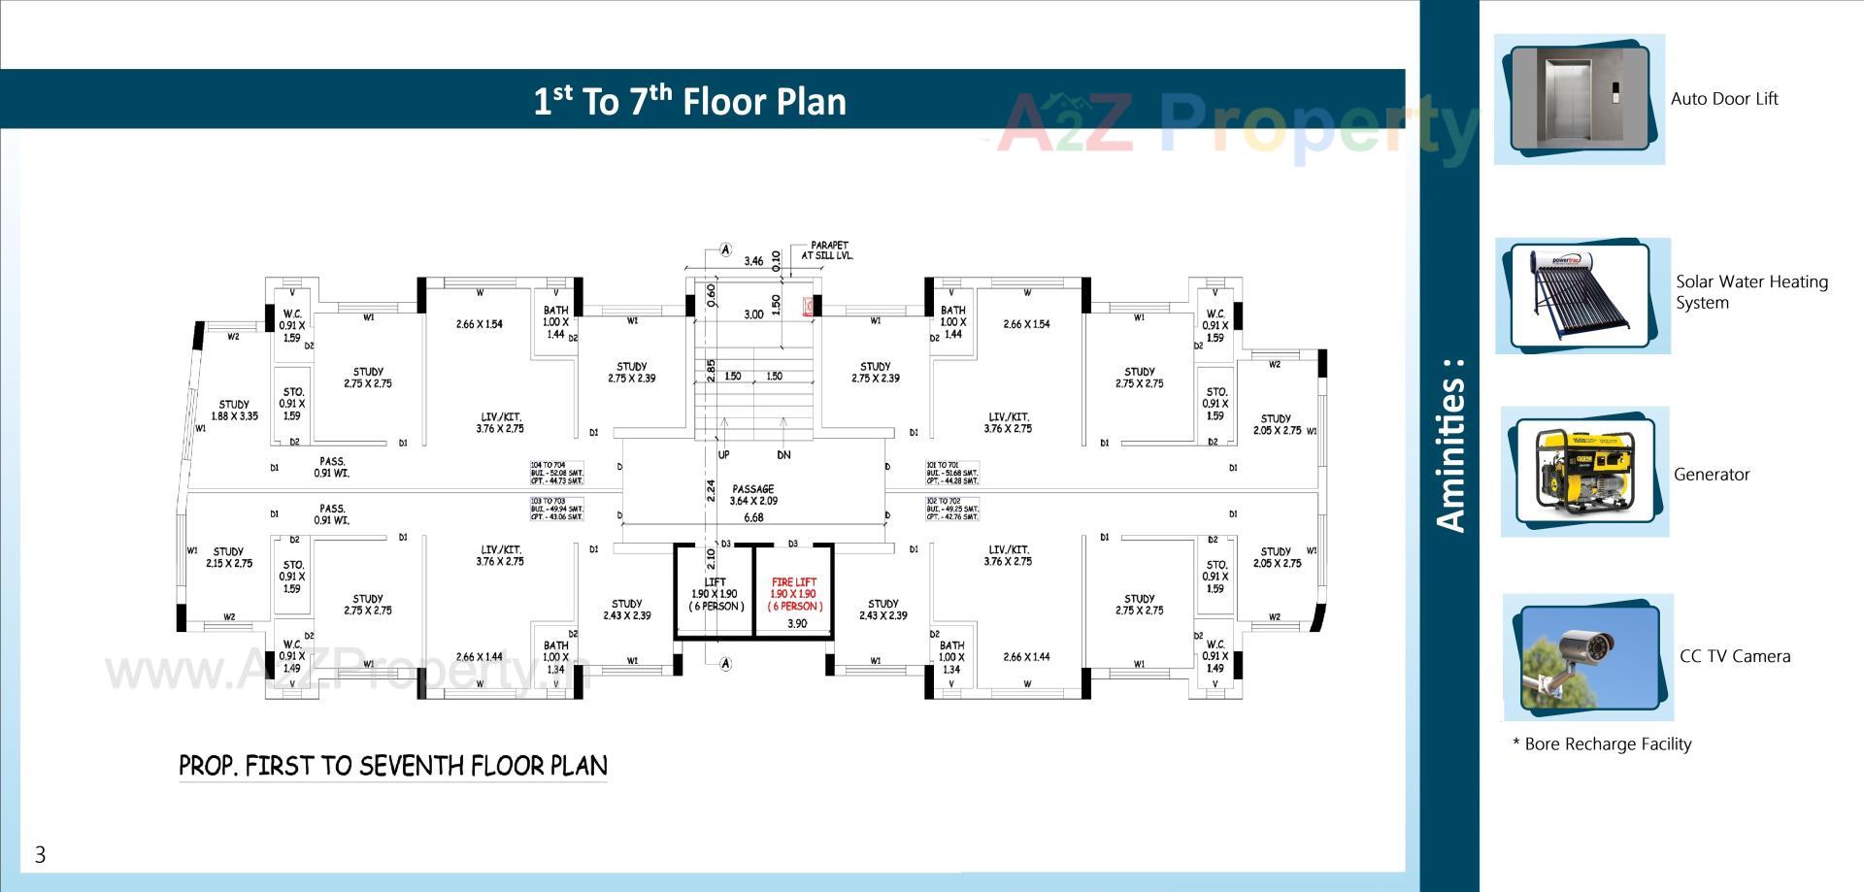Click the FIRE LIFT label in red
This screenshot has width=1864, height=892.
794,582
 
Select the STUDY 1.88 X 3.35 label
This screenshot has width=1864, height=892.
234,411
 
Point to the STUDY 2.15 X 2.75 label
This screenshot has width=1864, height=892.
228,557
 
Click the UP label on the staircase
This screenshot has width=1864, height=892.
723,454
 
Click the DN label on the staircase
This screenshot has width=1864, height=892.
783,454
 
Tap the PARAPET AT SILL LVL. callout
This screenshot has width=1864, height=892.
827,250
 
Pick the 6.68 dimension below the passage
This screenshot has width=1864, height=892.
753,517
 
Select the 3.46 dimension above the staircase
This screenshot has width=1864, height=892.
752,261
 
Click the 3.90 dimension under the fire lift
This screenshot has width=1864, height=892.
796,624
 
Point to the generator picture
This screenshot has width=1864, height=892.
1584,473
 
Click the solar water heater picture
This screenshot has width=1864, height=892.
1581,296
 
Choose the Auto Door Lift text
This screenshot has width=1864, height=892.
1723,99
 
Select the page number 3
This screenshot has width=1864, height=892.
40,854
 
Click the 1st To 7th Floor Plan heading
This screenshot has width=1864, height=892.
689,101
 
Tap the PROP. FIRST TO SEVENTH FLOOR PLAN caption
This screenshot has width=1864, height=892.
392,767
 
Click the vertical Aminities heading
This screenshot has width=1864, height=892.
1449,446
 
